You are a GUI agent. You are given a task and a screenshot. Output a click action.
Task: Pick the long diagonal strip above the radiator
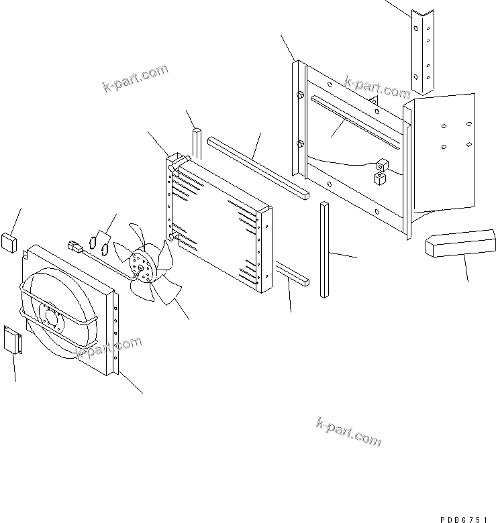[258, 166]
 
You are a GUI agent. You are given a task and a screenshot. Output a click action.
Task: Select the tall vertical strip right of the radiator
[324, 249]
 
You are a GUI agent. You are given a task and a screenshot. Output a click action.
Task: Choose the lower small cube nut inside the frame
[380, 178]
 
